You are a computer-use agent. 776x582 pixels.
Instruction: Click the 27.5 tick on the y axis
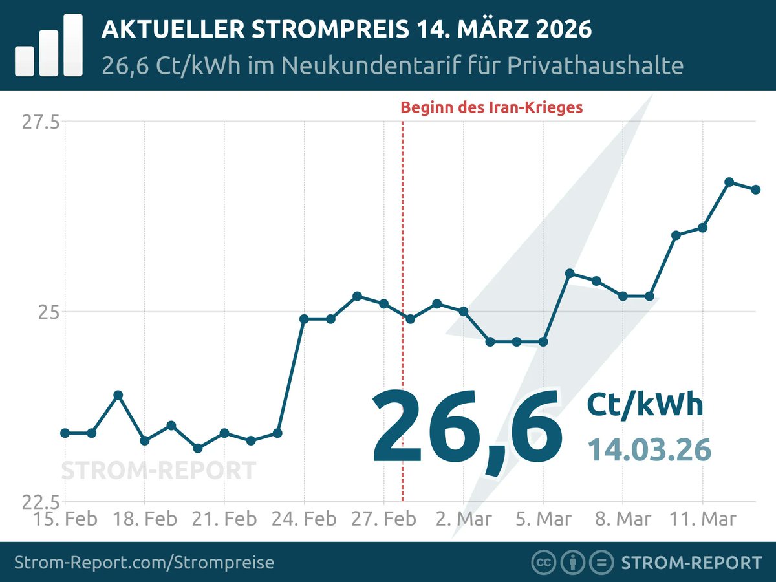pos(41,122)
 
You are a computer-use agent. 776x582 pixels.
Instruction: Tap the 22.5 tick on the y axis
pos(41,502)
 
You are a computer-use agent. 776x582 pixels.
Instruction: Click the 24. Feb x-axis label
pos(303,519)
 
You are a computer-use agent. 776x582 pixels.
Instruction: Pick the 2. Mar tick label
pos(463,519)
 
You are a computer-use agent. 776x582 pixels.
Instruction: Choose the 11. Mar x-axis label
pos(702,519)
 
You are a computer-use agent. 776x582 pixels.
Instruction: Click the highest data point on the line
pos(729,182)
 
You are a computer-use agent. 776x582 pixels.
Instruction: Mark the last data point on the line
pos(755,189)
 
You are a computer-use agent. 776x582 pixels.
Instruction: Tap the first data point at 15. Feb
pos(65,433)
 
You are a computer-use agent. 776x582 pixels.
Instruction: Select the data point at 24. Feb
pos(304,319)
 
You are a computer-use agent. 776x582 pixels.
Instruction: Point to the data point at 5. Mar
pos(543,341)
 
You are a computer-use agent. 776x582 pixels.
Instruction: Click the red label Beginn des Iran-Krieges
pos(491,107)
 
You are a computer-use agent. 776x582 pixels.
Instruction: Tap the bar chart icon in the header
pos(48,45)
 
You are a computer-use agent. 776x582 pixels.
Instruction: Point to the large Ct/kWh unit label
pos(644,405)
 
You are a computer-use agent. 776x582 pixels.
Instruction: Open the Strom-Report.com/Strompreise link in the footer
pos(144,563)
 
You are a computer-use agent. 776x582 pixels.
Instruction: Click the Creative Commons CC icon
pos(543,563)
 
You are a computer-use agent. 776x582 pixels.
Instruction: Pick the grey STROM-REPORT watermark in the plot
pos(158,470)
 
